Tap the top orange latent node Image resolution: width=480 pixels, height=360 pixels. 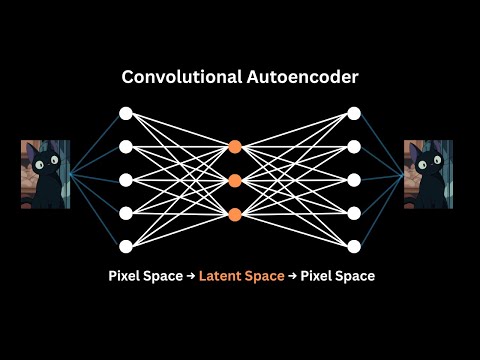(x=235, y=146)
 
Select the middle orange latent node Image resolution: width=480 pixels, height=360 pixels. (x=235, y=180)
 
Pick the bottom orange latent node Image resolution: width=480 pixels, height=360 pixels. (x=235, y=214)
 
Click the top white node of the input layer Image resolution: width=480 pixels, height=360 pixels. (x=126, y=113)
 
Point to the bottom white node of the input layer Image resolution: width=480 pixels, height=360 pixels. (x=126, y=246)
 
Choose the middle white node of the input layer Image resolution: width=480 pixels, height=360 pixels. (x=126, y=180)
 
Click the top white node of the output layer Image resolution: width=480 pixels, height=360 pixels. (x=353, y=113)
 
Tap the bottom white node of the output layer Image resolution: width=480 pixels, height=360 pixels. (x=353, y=246)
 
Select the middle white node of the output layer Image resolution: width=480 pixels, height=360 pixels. (x=353, y=180)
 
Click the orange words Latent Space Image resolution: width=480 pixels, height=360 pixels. (x=241, y=276)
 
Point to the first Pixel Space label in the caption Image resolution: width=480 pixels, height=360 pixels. (x=143, y=276)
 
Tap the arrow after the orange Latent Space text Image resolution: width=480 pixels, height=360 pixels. (x=293, y=276)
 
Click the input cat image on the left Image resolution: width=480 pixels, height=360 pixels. (x=45, y=174)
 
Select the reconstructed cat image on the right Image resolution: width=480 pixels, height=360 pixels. (x=428, y=174)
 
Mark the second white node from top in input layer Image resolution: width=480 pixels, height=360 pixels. (x=126, y=147)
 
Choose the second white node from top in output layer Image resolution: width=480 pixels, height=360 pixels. (x=353, y=147)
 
